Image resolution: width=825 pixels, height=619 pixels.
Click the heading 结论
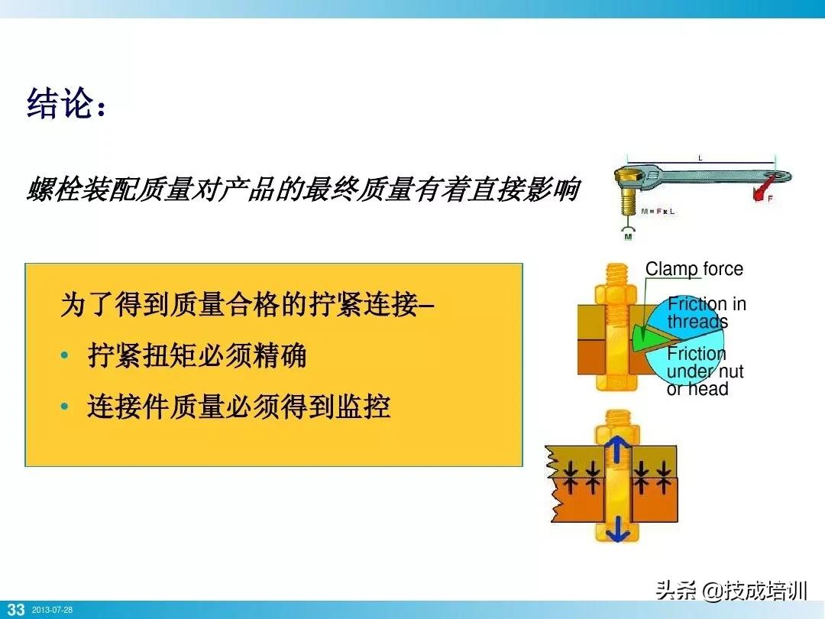(x=64, y=105)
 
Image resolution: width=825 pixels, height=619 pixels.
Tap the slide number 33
(x=15, y=610)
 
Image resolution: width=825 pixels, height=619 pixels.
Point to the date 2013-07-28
(x=52, y=611)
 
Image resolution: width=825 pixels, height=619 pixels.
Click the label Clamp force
(x=694, y=269)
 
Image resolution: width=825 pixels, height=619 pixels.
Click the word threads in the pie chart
(x=697, y=322)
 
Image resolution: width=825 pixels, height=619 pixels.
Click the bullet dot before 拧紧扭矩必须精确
(x=65, y=357)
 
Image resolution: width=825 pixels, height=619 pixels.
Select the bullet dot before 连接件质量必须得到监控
(x=65, y=407)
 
